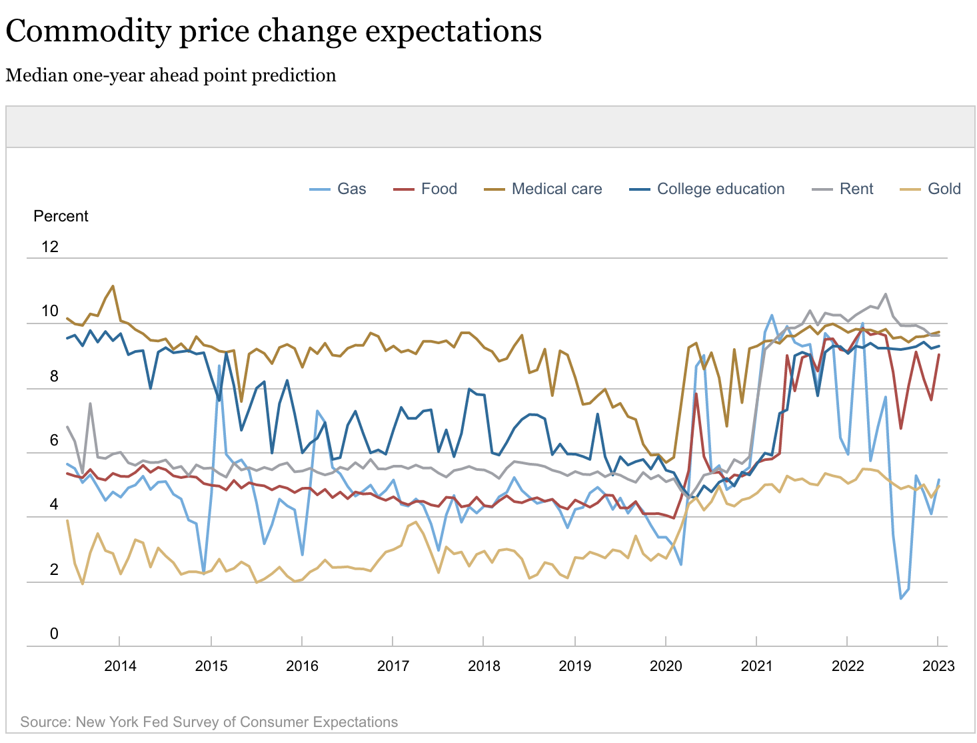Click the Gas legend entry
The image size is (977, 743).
point(351,189)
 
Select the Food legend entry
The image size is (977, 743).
point(439,189)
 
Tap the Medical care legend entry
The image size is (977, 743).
point(556,189)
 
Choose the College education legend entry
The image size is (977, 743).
point(720,189)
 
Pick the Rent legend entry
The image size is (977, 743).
point(856,189)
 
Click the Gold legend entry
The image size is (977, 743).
point(944,189)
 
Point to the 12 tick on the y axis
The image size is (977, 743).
point(50,247)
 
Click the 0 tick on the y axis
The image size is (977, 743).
point(54,634)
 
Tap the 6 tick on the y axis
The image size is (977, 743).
point(54,441)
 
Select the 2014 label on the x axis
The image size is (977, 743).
point(120,666)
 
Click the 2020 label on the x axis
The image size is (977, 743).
point(666,666)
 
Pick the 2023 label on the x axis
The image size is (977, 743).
point(938,666)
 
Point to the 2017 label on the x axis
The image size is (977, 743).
point(393,666)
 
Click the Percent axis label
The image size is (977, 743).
point(61,216)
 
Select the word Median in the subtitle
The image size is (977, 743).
point(37,75)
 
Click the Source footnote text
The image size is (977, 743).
point(209,722)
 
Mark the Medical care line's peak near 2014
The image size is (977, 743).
point(113,286)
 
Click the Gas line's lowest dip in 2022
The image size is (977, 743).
point(901,598)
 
